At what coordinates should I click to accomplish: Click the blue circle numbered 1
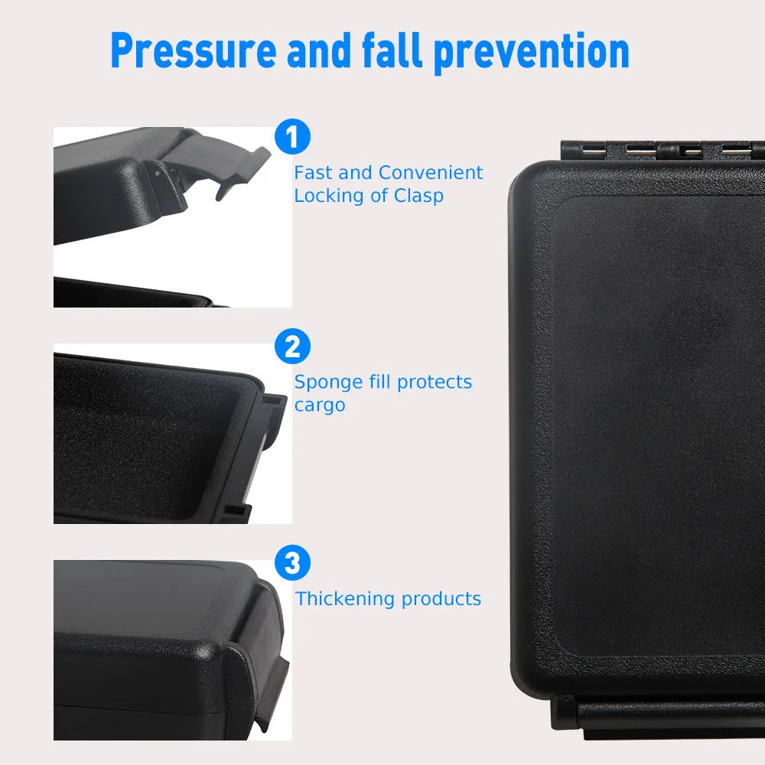click(x=292, y=138)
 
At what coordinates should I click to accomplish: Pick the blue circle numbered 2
click(x=292, y=347)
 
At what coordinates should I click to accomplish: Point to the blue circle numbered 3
click(x=292, y=564)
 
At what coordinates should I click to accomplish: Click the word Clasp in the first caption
click(x=418, y=196)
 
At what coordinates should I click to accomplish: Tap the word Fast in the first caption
click(x=313, y=173)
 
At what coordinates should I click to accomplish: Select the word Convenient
click(x=431, y=173)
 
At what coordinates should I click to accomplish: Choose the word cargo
click(x=320, y=405)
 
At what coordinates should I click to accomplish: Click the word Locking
click(x=329, y=196)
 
